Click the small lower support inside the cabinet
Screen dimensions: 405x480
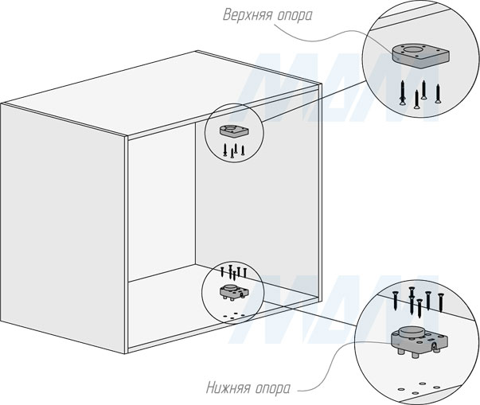point(230,290)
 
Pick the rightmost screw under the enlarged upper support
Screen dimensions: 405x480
point(437,91)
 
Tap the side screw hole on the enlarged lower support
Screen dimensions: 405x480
point(435,345)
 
